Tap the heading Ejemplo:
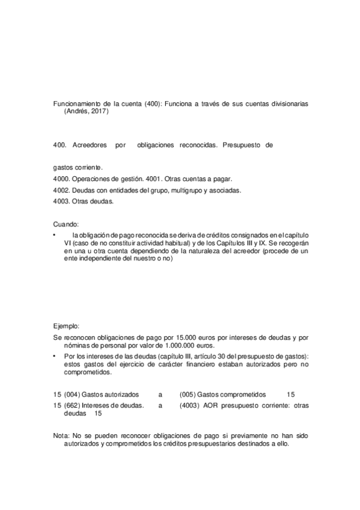point(66,326)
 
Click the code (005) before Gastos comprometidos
point(189,395)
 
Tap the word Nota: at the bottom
point(61,434)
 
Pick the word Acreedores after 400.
point(90,146)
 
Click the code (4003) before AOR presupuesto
point(191,405)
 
